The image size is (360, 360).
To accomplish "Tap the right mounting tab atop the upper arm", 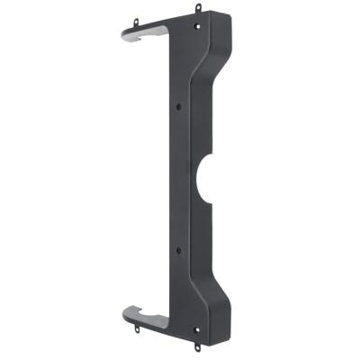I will click(197, 9).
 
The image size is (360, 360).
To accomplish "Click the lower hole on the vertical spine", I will click(179, 247).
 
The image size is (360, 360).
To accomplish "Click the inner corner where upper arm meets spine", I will click(168, 38).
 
